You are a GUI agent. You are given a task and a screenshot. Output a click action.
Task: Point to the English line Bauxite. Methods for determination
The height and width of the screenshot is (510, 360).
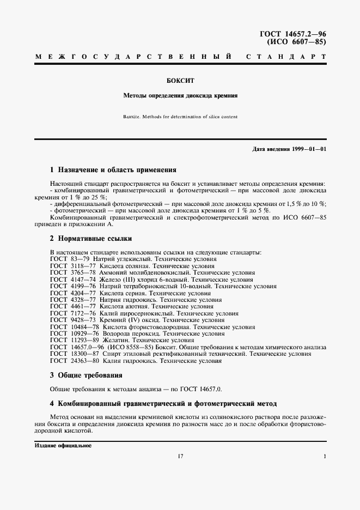point(180,116)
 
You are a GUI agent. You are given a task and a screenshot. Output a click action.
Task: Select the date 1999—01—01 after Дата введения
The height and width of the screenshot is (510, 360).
point(308,149)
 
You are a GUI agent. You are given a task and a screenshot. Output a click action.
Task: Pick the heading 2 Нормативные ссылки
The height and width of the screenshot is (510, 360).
point(90,239)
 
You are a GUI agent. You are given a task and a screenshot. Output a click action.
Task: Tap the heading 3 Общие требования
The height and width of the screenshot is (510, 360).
point(86,375)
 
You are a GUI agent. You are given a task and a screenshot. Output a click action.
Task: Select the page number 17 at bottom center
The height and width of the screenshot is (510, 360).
point(180,457)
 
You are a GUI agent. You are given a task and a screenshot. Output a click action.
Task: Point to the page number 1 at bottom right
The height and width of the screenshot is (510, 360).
point(325,457)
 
